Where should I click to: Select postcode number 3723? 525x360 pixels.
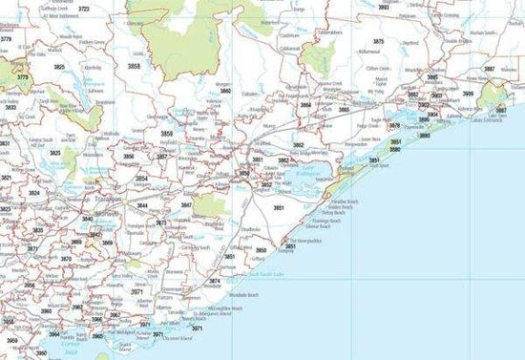coord(83,9)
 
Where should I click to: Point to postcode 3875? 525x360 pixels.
coord(378,42)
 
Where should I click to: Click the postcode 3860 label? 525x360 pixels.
coord(225,91)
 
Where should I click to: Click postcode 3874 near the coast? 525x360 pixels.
coord(215,281)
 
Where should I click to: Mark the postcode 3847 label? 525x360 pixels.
coord(187,205)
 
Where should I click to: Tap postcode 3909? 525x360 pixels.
coord(468,94)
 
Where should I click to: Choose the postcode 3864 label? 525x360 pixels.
coord(305,106)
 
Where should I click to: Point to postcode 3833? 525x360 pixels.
coord(10,108)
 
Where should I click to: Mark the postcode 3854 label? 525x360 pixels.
coord(141,179)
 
